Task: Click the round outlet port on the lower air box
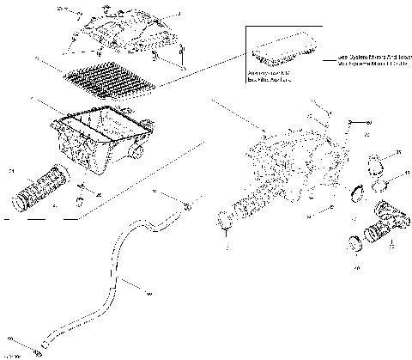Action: [137, 154]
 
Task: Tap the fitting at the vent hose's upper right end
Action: [186, 206]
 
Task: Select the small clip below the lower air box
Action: [82, 199]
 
